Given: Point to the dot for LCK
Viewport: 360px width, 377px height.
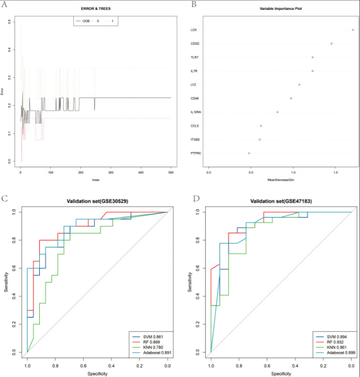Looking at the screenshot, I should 352,30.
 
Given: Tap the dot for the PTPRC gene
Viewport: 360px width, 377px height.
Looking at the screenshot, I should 249,153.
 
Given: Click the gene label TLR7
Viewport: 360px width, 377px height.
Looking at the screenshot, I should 194,57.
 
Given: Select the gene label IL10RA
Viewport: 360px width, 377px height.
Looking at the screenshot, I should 196,112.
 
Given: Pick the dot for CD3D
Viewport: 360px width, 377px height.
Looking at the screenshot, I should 332,44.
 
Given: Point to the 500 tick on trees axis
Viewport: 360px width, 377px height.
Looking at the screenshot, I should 171,172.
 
